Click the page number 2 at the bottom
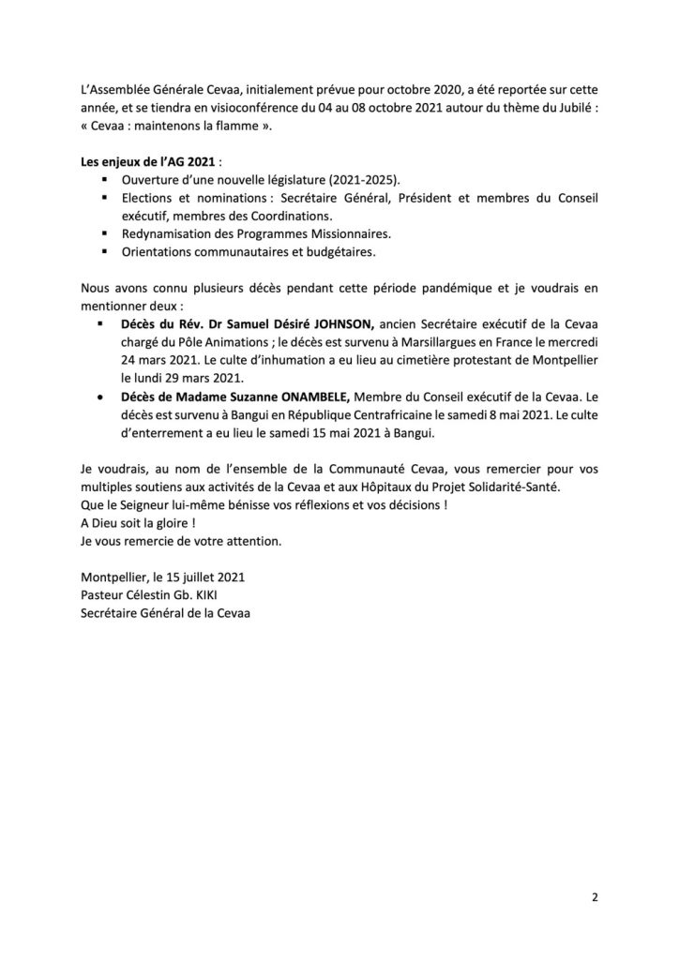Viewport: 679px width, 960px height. pyautogui.click(x=595, y=896)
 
